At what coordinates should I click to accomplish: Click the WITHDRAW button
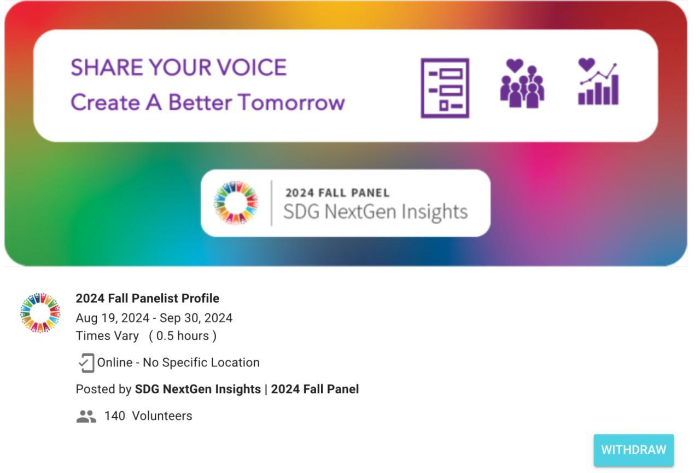coord(634,450)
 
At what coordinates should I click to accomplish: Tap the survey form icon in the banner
coord(445,88)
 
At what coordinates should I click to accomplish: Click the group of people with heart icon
coord(522,84)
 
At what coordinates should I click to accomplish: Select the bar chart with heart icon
coord(598,81)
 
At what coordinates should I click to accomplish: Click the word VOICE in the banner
coord(252,67)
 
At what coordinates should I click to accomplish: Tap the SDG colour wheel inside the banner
coord(236,202)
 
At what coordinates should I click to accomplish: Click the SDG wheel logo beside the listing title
coord(40,313)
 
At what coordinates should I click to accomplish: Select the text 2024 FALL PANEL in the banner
coord(337,193)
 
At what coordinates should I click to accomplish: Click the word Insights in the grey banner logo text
coord(435,212)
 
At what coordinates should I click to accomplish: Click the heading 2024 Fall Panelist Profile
coord(148,299)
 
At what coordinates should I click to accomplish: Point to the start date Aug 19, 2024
coord(113,318)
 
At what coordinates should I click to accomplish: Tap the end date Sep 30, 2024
coord(196,318)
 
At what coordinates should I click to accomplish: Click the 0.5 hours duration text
coord(183,336)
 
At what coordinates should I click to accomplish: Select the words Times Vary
coord(107,336)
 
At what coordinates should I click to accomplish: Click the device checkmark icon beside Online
coord(86,363)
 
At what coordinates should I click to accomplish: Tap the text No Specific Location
coord(201,363)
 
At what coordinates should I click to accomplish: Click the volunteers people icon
coord(86,417)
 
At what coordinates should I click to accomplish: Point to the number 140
coord(114,416)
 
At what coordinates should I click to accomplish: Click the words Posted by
coord(103,389)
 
